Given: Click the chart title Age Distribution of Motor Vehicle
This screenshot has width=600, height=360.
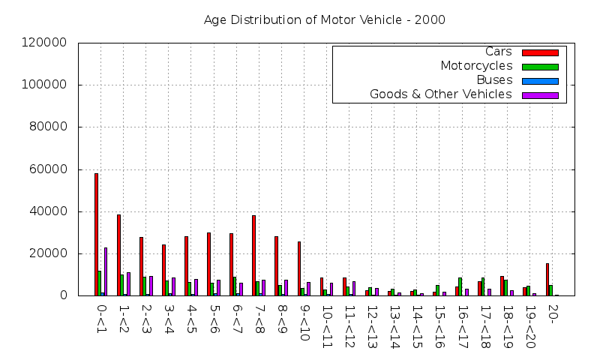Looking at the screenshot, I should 324,20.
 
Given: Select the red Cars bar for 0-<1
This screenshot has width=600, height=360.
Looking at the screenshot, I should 96,234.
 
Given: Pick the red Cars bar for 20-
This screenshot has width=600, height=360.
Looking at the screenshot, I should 547,279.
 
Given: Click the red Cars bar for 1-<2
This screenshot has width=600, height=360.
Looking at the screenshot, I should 118,255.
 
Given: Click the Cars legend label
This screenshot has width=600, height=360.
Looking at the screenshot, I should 499,52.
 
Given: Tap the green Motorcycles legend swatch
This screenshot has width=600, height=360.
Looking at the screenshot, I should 545,67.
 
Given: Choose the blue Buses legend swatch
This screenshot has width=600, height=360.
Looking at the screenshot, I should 545,81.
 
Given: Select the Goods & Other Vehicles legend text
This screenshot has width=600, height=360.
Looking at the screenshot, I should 441,94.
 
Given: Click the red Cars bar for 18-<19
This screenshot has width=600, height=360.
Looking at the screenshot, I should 502,286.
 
